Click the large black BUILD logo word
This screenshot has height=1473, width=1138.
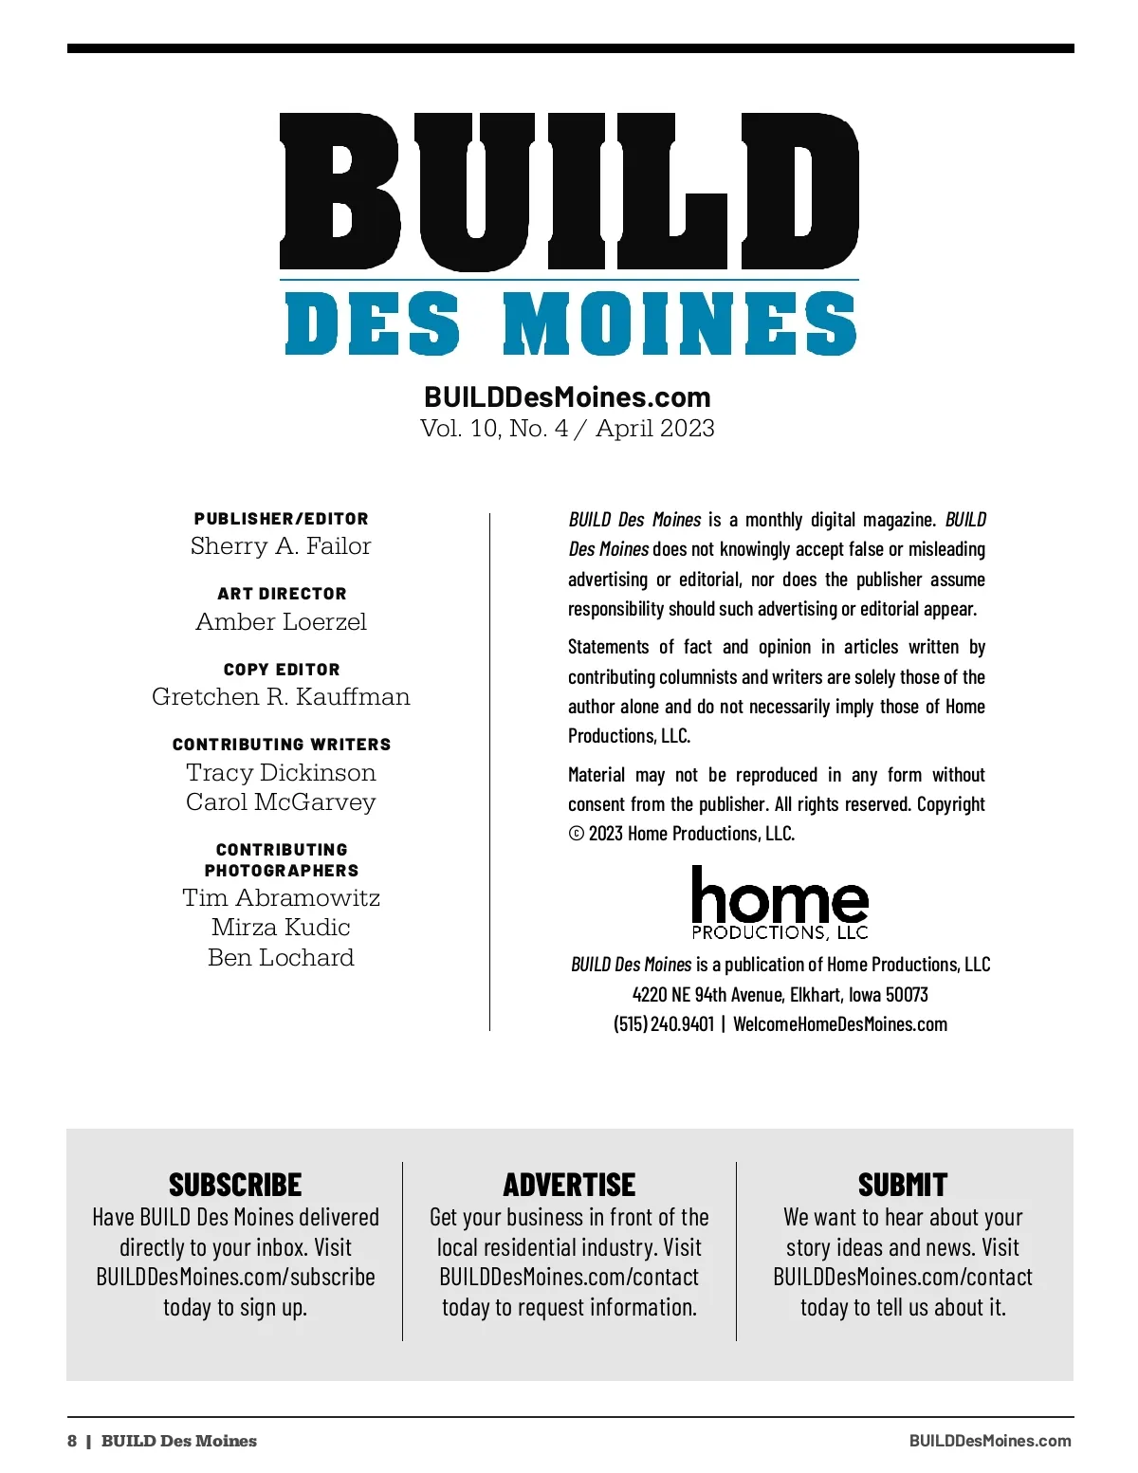click(569, 192)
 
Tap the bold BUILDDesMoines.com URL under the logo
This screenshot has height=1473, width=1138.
click(567, 396)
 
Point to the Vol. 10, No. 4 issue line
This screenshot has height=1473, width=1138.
click(567, 429)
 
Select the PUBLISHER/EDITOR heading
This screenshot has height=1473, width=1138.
click(282, 519)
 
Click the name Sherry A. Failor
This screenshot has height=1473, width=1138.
click(281, 546)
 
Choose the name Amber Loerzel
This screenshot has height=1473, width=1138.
click(281, 622)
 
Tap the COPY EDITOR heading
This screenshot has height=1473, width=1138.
click(282, 670)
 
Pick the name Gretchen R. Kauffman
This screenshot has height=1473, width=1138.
click(281, 697)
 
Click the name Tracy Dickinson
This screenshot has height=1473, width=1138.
click(281, 773)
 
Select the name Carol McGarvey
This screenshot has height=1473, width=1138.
click(281, 802)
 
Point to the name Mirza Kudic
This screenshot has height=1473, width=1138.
click(281, 928)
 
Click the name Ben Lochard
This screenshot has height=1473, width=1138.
click(281, 958)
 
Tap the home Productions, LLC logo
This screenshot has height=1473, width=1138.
click(780, 904)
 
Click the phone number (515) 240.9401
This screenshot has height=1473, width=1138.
click(664, 1024)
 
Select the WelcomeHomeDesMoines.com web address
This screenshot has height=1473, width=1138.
click(840, 1024)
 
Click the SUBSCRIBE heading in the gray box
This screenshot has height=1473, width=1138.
click(235, 1186)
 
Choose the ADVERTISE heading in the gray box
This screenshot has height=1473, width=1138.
click(569, 1186)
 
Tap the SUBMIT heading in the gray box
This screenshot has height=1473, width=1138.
click(903, 1186)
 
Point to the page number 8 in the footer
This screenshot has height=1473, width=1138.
click(72, 1441)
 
